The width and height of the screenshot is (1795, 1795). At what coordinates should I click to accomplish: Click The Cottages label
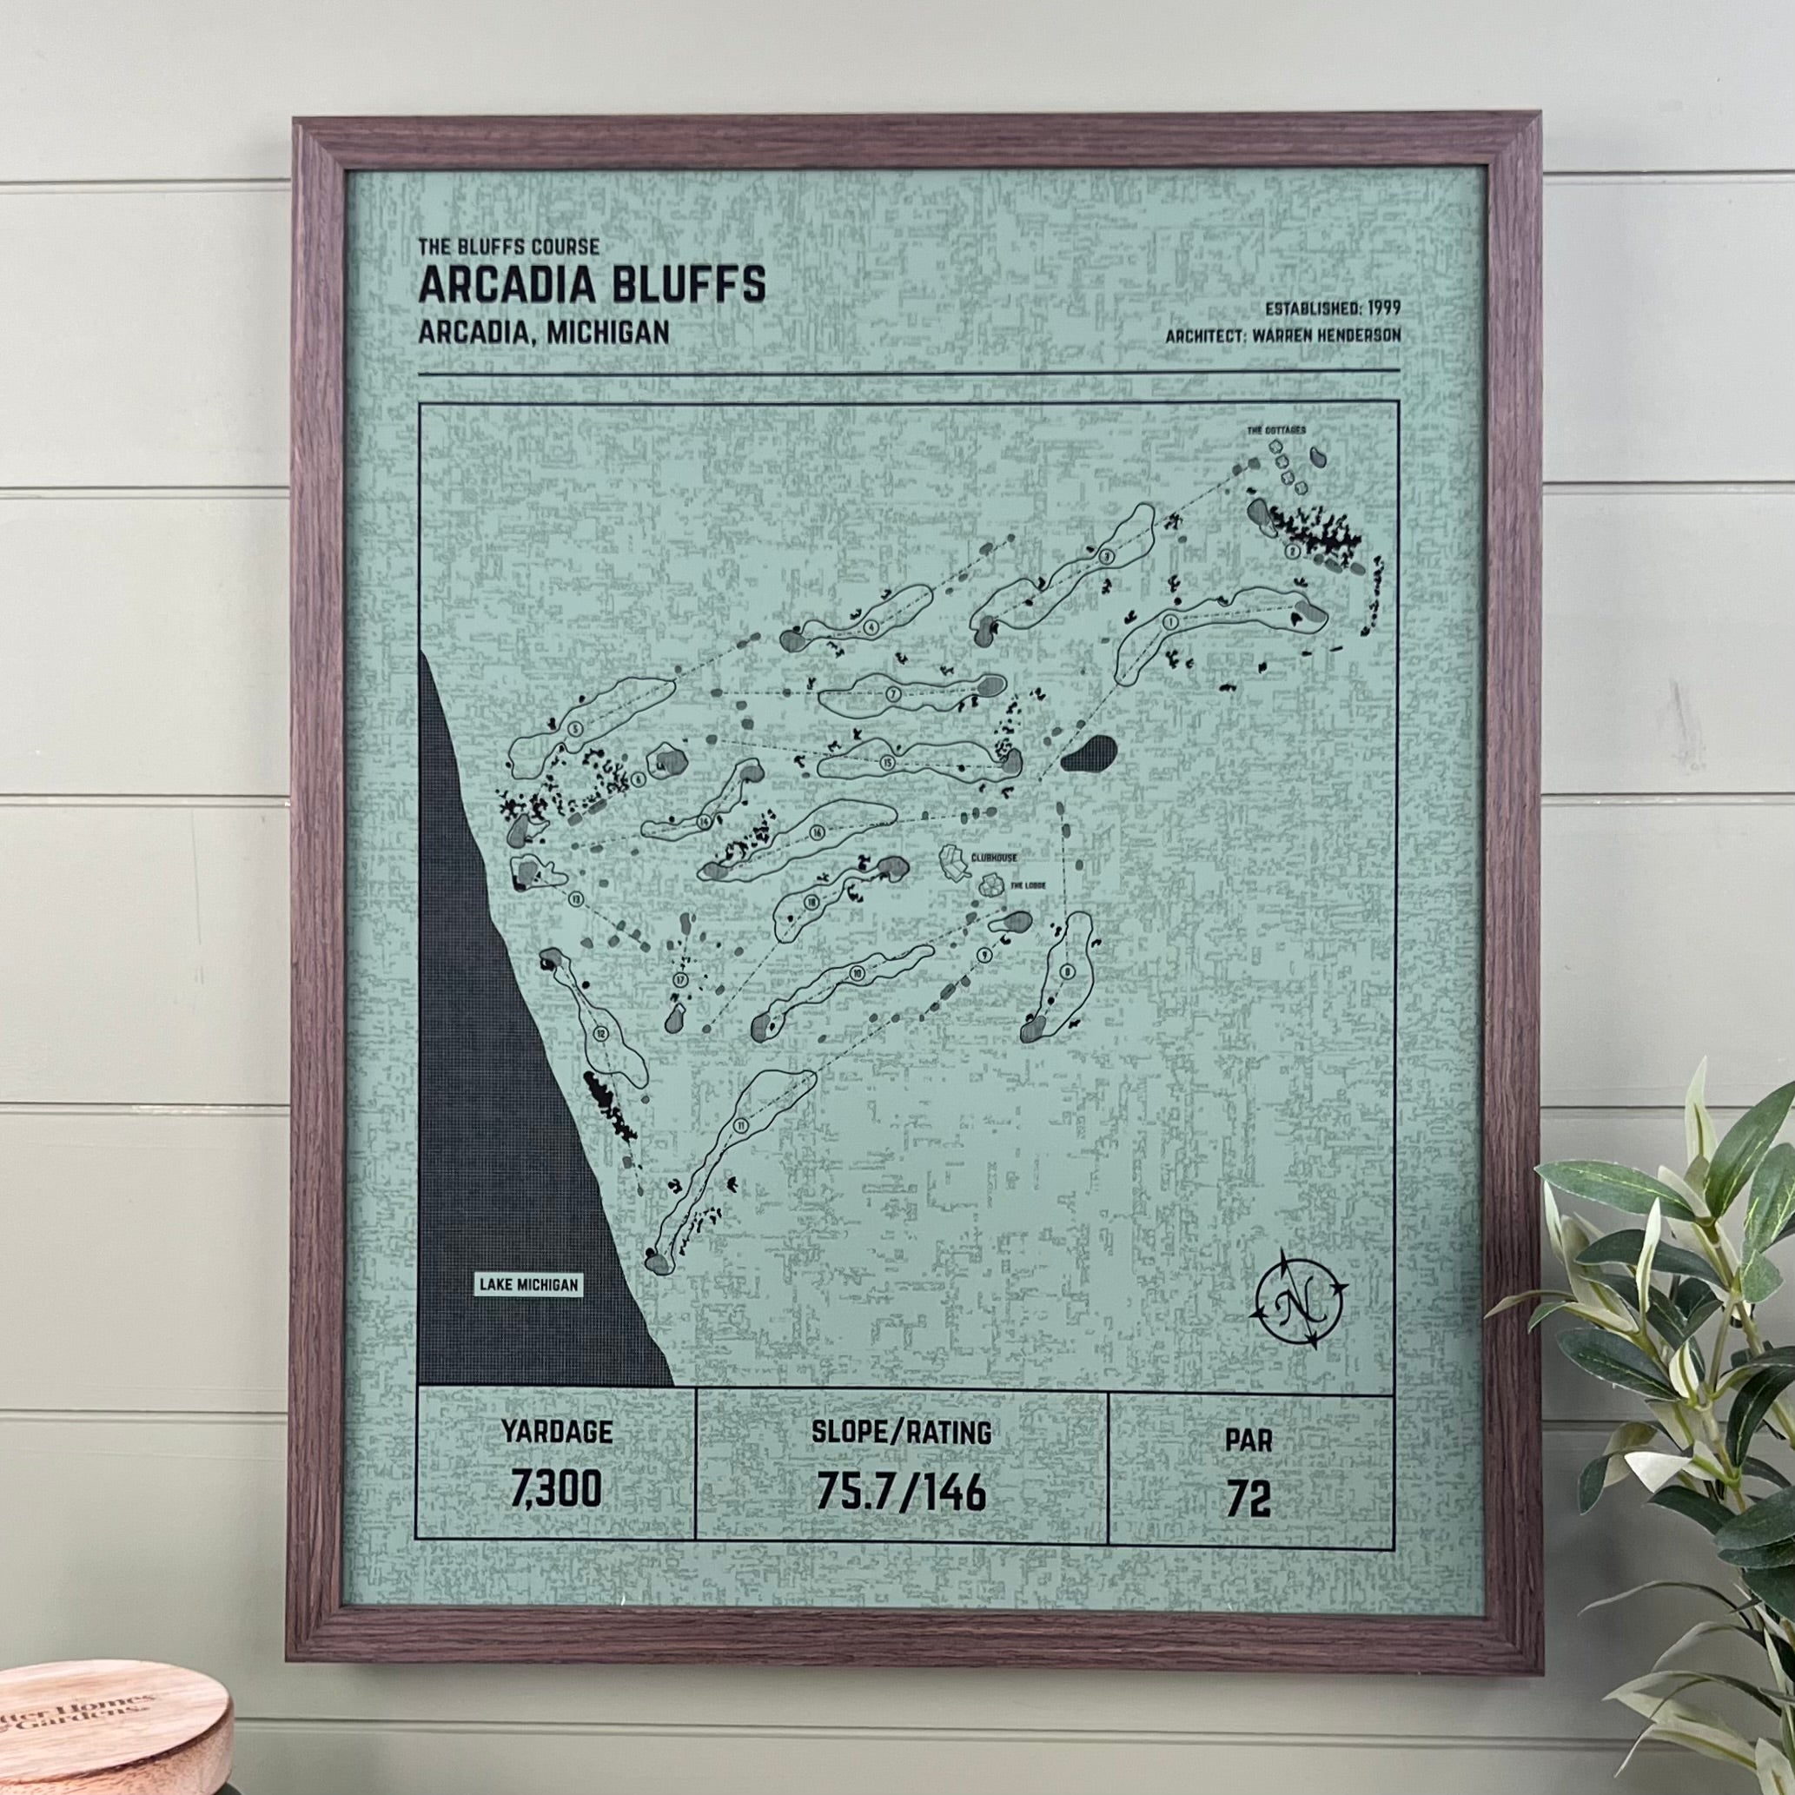point(1276,431)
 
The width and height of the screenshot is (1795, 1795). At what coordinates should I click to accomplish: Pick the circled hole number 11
point(741,1127)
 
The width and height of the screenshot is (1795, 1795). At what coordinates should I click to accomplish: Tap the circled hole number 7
point(893,694)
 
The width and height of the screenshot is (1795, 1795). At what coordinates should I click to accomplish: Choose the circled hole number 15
point(888,764)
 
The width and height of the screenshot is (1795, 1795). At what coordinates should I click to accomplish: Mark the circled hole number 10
point(857,973)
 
